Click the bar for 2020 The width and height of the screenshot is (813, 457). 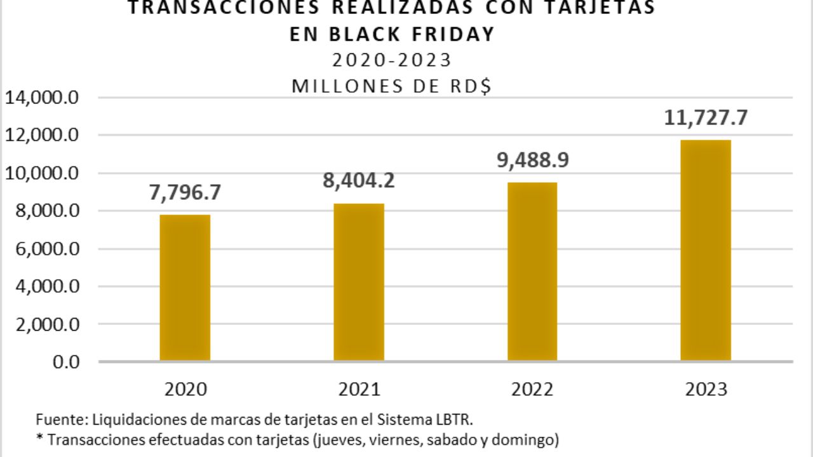(x=185, y=288)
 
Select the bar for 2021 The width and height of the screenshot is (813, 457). (x=358, y=282)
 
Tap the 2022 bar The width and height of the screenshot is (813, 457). (x=532, y=272)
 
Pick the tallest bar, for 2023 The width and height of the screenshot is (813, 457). (x=705, y=251)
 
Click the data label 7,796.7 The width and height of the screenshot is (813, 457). (x=185, y=193)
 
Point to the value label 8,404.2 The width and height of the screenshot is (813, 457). (x=358, y=181)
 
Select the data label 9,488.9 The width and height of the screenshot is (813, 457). (x=532, y=160)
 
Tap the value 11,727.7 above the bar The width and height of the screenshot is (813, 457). (x=705, y=118)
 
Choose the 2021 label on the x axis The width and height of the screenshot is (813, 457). (x=358, y=388)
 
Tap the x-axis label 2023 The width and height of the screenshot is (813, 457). (x=705, y=388)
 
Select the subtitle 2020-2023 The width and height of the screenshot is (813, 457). (x=391, y=60)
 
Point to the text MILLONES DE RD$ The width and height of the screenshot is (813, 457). (x=391, y=86)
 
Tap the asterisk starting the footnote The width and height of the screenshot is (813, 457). (x=39, y=438)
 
